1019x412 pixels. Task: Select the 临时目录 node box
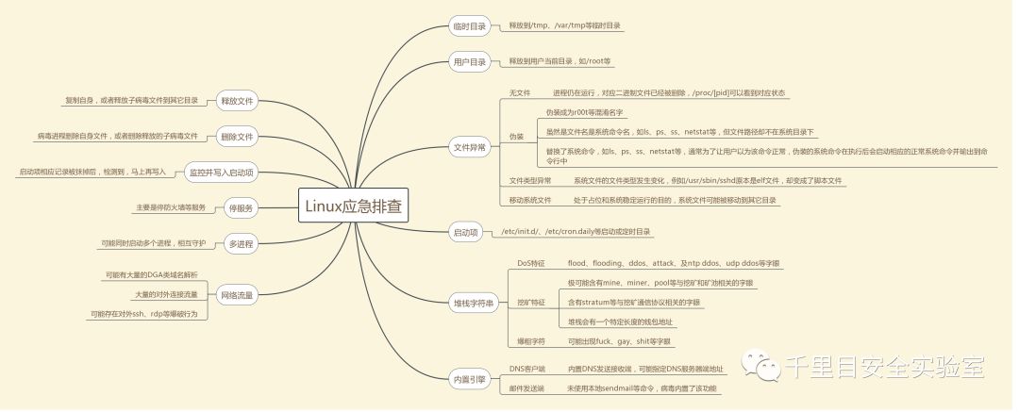(x=470, y=26)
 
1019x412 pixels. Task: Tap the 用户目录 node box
(x=470, y=62)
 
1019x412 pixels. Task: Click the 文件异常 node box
(x=470, y=147)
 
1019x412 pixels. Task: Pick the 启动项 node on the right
(x=466, y=231)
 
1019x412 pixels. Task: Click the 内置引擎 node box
(x=470, y=380)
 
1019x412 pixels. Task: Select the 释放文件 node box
(x=236, y=101)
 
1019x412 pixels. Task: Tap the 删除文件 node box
(x=236, y=137)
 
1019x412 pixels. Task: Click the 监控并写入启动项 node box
(x=223, y=173)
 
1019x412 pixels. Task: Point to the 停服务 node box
(x=240, y=207)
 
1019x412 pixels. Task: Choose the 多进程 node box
(x=240, y=243)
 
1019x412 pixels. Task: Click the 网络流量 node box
(x=236, y=294)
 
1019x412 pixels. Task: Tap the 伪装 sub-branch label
(x=516, y=136)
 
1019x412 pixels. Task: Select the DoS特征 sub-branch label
(x=530, y=263)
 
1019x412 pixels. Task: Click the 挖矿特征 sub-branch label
(x=530, y=303)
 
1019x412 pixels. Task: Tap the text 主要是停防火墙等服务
(x=171, y=207)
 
